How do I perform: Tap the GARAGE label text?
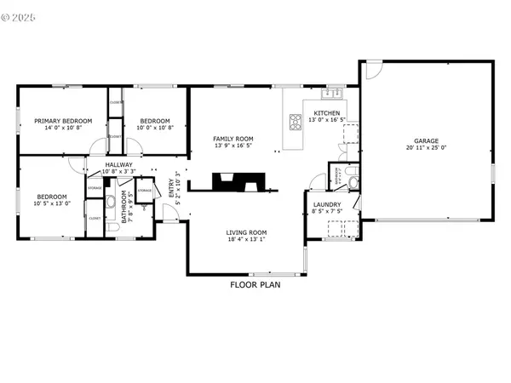427,140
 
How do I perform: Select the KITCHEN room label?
327,113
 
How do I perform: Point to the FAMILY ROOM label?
233,139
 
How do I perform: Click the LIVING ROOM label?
246,232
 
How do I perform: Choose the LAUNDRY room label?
327,205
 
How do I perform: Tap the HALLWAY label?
118,165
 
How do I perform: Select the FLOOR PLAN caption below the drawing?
255,285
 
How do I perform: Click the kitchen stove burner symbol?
296,121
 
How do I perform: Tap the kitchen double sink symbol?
331,93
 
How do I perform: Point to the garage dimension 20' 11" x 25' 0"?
427,148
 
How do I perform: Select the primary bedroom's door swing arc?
78,162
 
